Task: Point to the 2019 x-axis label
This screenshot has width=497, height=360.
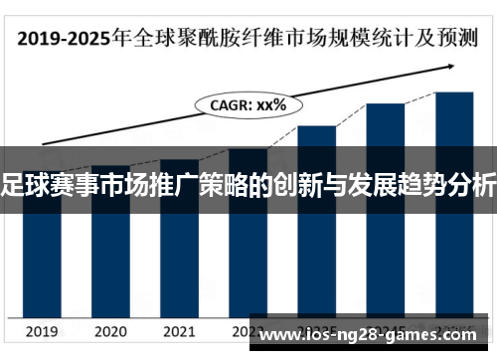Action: point(42,331)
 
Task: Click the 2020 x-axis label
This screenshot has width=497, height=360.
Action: point(110,331)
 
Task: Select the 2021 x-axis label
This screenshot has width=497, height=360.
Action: point(179,331)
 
